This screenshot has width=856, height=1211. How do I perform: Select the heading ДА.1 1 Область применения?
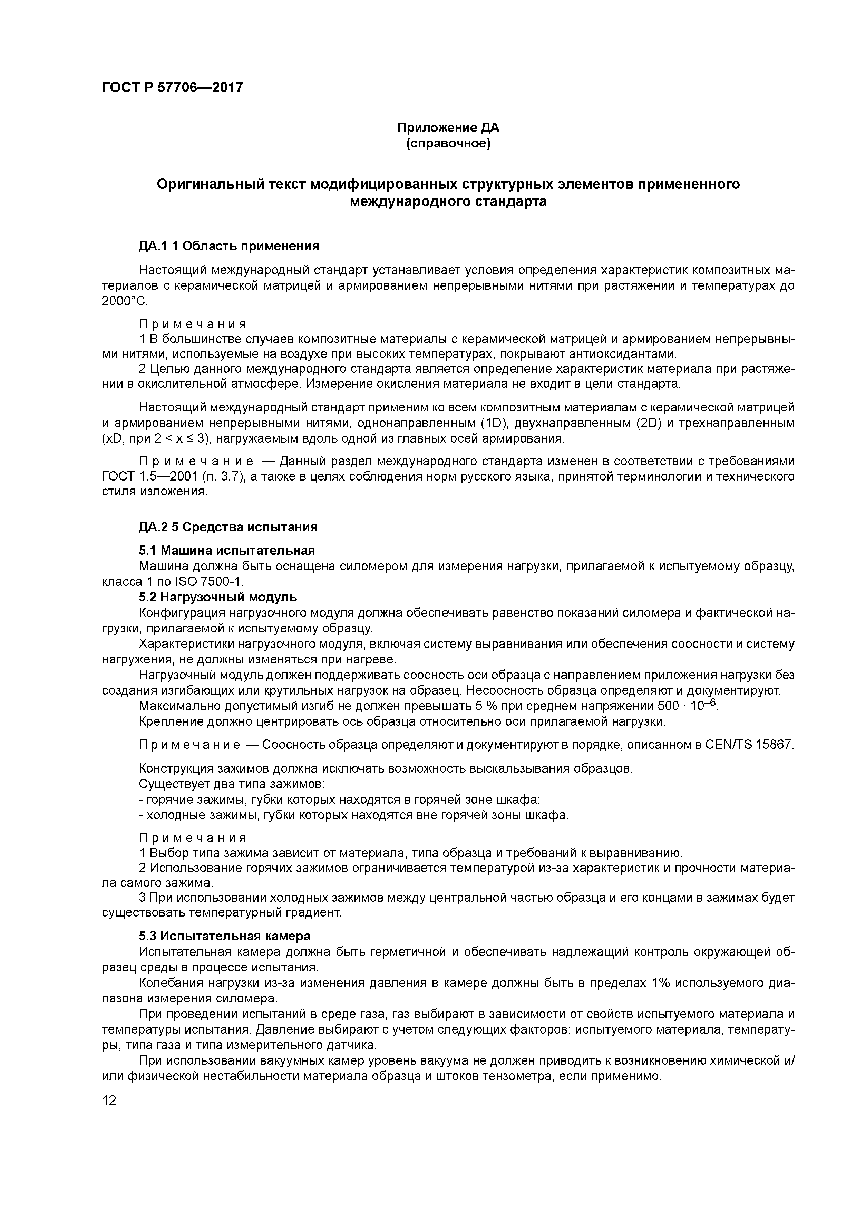[229, 246]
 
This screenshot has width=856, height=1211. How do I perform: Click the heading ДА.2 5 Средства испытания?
[228, 527]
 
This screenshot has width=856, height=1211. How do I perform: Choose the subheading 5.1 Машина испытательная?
[227, 551]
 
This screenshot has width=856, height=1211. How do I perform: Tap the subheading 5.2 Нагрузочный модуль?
[218, 597]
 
